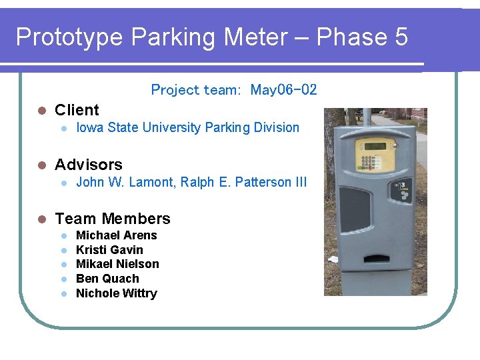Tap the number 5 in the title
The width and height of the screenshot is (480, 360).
(401, 37)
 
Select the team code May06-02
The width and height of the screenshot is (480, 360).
(283, 89)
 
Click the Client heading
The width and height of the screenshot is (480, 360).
(77, 110)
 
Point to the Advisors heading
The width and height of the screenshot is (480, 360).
(89, 165)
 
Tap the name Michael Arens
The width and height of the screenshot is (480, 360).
(117, 235)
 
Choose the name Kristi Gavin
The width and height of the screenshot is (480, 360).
(109, 250)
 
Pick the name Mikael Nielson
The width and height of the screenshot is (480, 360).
(117, 264)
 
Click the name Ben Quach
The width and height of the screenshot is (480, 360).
(107, 279)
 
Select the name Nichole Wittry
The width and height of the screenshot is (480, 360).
(117, 293)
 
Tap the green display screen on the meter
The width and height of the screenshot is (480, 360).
(375, 146)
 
